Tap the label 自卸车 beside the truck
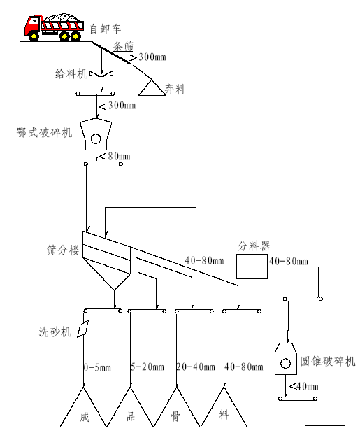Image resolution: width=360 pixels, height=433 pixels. coord(106,29)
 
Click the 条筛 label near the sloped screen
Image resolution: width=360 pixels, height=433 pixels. coord(124,46)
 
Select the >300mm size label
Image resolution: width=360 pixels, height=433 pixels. coord(147,57)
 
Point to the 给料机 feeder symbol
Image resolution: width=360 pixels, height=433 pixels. coord(102,74)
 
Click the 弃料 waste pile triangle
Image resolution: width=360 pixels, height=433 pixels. coord(152,88)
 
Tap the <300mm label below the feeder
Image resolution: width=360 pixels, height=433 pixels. coord(117,105)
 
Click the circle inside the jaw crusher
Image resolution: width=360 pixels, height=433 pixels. coord(96,139)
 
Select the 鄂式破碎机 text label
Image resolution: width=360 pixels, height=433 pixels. coord(44,132)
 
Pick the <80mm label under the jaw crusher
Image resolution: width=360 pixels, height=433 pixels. coord(115,157)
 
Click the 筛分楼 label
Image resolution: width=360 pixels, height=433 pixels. coord(63,250)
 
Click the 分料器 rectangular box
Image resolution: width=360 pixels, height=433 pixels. coord(252,267)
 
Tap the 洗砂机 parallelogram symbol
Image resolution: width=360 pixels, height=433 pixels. coord(82,329)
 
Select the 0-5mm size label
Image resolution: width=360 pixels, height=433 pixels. coord(97,367)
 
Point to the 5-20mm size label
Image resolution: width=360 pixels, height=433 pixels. coord(147,367)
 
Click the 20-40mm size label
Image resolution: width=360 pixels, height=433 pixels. coord(196,367)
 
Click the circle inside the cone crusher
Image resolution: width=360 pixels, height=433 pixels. coord(285,363)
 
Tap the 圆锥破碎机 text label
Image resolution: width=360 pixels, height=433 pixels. coord(328,361)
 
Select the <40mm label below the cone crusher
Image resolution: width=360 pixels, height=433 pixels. coord(303,386)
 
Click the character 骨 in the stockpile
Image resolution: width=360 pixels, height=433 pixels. coord(175,416)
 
